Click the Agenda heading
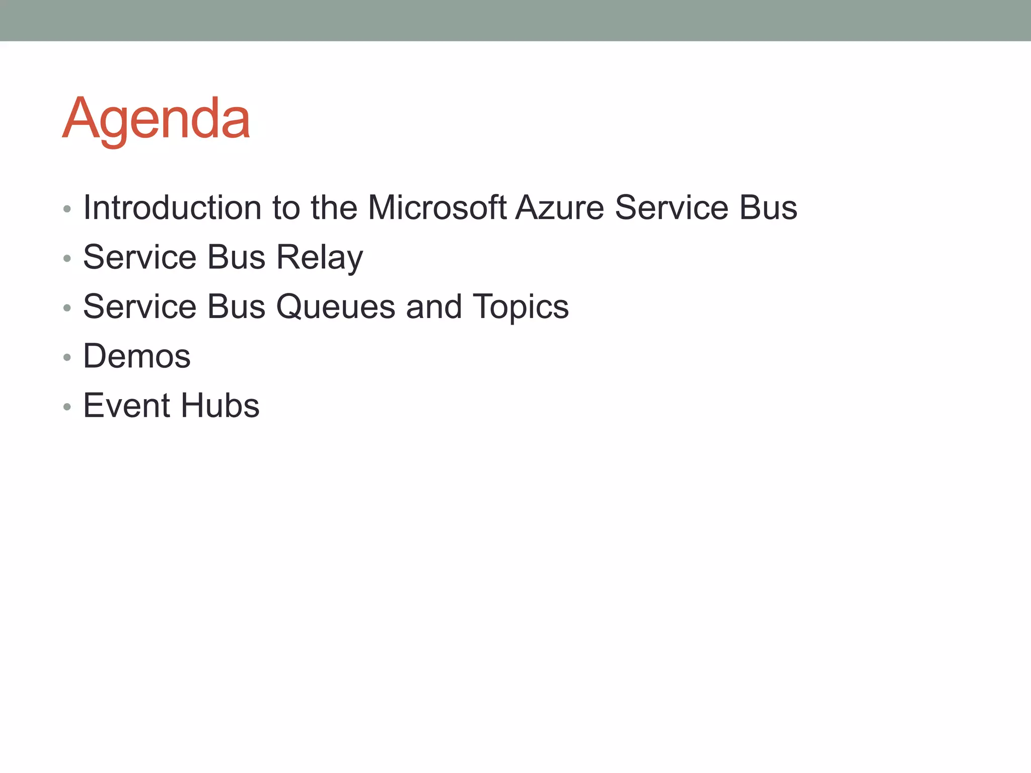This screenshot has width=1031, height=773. [x=156, y=119]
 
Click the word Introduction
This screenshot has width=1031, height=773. [x=172, y=207]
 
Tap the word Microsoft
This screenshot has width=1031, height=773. [x=437, y=207]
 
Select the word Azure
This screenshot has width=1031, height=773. [x=559, y=207]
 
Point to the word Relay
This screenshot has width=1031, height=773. [x=320, y=257]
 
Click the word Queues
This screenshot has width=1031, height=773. [x=336, y=306]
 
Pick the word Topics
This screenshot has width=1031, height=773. [x=521, y=306]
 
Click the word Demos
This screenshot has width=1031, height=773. [x=137, y=356]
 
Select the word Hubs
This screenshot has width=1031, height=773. [x=220, y=406]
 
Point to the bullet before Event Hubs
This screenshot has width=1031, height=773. [x=67, y=407]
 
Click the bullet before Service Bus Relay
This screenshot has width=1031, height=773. [x=67, y=259]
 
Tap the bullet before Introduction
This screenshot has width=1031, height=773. [x=67, y=209]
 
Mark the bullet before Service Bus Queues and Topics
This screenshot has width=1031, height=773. [x=67, y=308]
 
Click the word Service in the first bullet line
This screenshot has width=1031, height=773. [x=672, y=207]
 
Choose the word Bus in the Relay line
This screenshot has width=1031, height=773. [x=236, y=257]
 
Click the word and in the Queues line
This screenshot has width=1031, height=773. [x=434, y=306]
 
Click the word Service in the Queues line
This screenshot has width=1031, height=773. [x=139, y=306]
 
